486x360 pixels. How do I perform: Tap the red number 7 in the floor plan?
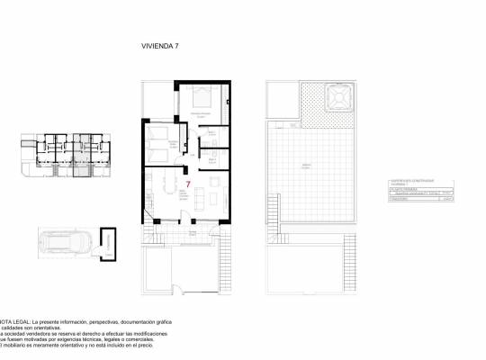(x=186, y=184)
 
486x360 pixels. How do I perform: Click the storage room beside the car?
(x=109, y=242)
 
